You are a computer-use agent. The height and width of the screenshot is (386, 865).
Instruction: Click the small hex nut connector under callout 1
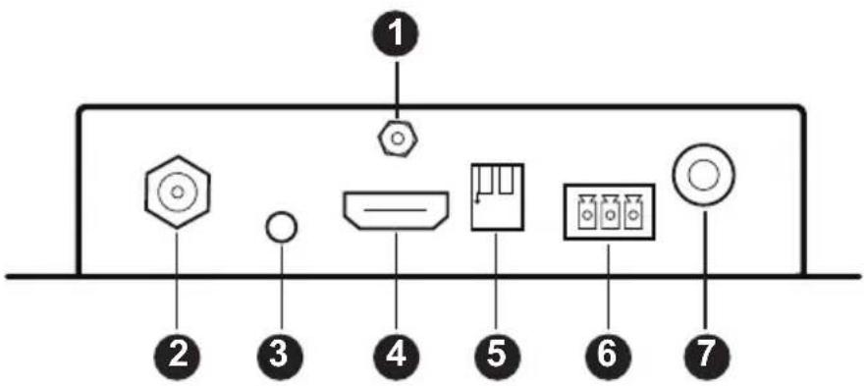point(396,139)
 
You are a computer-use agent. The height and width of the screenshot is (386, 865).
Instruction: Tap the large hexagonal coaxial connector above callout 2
point(177,193)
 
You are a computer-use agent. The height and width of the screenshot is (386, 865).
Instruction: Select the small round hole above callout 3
point(282,227)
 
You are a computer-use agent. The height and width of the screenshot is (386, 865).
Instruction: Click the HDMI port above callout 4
point(396,210)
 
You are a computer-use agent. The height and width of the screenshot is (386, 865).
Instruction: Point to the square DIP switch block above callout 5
point(497,196)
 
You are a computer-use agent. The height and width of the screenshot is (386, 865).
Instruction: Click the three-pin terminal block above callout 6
point(609,211)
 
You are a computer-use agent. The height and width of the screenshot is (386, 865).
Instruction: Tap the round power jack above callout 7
point(703,177)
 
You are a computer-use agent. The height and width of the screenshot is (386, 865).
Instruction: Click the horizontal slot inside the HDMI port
point(396,210)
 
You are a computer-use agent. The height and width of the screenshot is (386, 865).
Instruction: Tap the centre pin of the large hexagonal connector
point(177,193)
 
